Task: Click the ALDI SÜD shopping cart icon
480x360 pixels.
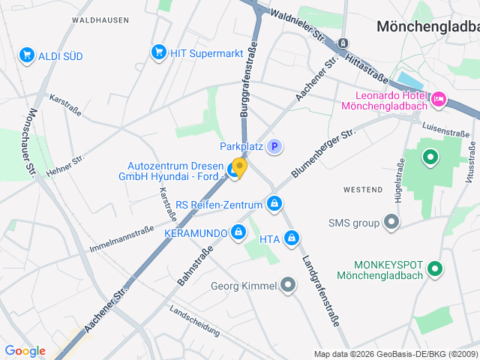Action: [27, 55]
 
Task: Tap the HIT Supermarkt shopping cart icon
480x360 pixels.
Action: [158, 52]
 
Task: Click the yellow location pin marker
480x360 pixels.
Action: [239, 166]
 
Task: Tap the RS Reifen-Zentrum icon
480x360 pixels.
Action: [275, 204]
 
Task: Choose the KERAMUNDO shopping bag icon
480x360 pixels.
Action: [238, 232]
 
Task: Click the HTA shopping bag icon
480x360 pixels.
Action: [292, 239]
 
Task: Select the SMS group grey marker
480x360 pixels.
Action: [391, 222]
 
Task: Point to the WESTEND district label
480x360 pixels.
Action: [362, 190]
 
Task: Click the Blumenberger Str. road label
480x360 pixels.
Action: [322, 152]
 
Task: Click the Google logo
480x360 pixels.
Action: [25, 351]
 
